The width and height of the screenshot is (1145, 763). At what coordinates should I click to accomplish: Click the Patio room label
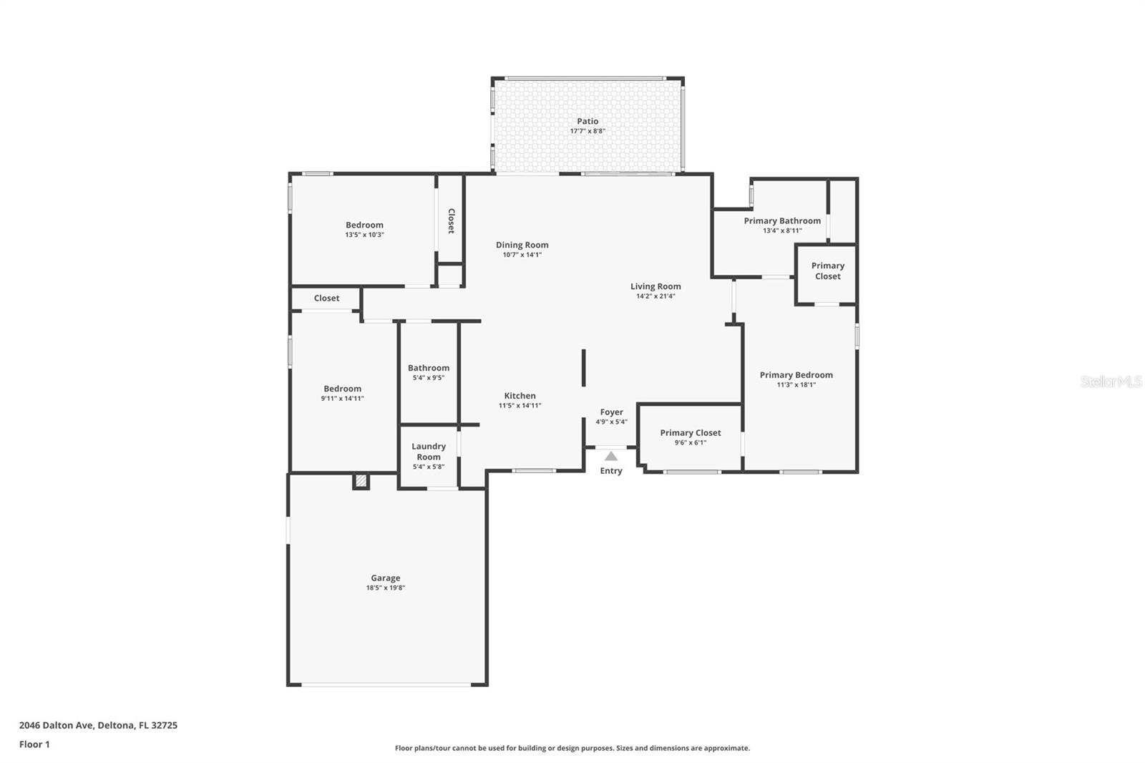(588, 122)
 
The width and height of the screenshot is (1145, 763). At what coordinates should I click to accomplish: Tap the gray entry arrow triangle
(610, 456)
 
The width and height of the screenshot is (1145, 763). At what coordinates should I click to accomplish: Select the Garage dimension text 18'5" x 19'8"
(385, 588)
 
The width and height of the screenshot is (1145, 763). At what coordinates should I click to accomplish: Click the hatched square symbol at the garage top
(361, 481)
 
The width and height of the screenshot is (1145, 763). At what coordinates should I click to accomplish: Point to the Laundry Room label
(429, 452)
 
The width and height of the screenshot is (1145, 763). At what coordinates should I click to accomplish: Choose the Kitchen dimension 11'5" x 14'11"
(520, 406)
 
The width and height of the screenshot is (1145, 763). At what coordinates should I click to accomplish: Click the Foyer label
(611, 412)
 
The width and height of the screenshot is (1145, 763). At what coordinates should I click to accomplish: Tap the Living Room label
(656, 286)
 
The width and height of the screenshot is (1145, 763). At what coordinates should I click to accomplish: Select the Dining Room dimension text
(522, 255)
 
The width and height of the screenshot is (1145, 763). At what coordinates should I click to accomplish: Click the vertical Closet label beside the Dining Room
(451, 221)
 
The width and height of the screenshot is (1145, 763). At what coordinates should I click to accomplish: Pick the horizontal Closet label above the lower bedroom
(326, 298)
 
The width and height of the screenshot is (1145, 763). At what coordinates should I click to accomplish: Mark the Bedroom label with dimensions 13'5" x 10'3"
(364, 225)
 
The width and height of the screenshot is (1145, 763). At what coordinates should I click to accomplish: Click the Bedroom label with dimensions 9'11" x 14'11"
(342, 389)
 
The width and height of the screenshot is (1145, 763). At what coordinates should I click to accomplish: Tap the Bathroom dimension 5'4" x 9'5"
(429, 378)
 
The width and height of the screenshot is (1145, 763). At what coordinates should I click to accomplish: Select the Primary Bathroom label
(782, 220)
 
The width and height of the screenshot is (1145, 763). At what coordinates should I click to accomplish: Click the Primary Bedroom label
(796, 375)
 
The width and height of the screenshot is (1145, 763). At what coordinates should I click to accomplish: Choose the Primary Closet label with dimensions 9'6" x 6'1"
(690, 433)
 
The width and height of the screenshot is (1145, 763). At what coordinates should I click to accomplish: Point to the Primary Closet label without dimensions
(827, 271)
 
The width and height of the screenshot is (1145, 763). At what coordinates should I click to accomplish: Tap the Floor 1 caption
(34, 744)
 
